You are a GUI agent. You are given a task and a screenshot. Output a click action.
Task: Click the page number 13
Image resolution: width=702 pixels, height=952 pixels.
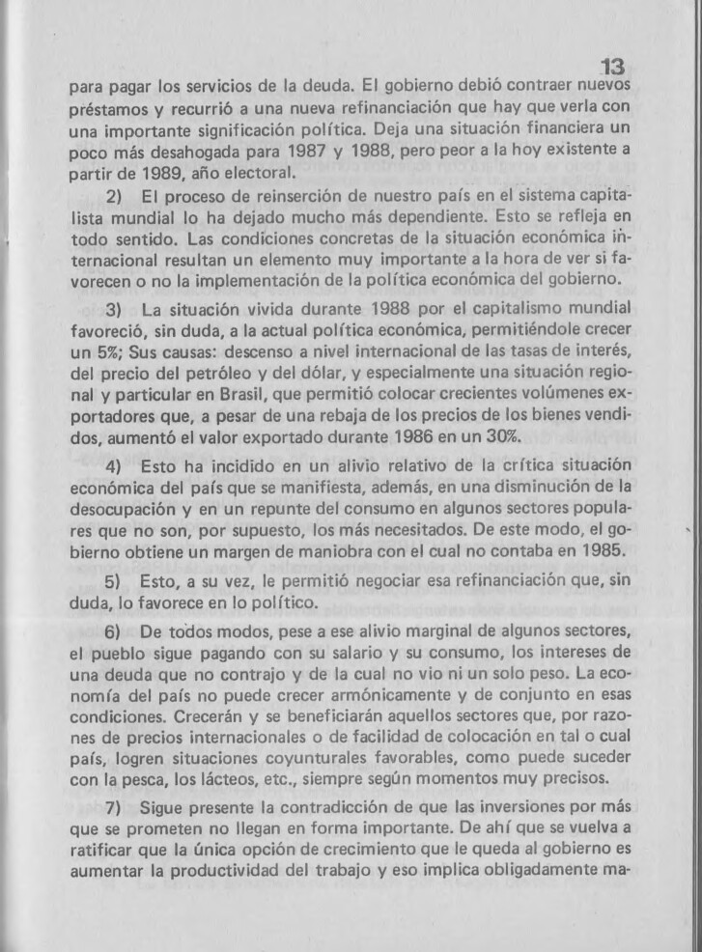(611, 67)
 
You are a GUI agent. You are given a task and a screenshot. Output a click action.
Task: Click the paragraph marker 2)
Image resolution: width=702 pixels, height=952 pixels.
(112, 198)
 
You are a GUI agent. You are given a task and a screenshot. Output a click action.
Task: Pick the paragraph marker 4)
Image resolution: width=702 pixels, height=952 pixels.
(112, 466)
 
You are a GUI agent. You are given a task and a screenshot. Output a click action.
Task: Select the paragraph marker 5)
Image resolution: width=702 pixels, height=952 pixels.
(112, 582)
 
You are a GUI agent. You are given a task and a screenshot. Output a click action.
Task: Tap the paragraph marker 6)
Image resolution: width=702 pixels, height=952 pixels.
(112, 631)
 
